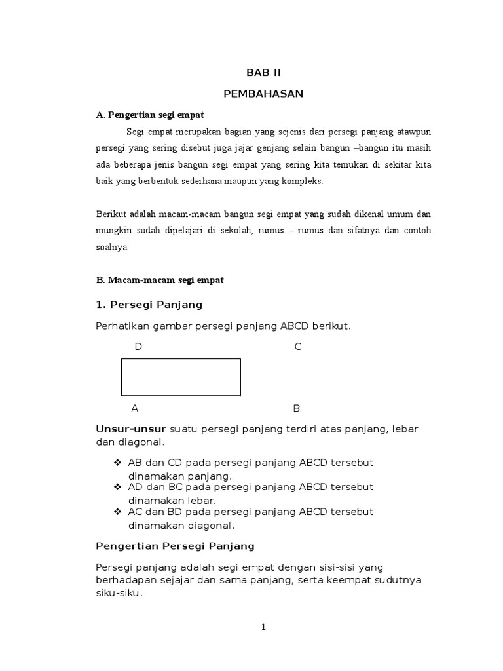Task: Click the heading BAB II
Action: (x=263, y=73)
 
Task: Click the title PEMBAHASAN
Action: (x=263, y=94)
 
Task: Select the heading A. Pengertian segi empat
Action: (x=150, y=115)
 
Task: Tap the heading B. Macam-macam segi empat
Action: (x=160, y=280)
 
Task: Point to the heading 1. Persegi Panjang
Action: (x=149, y=305)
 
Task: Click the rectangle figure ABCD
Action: (x=181, y=377)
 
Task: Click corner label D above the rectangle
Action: (x=138, y=347)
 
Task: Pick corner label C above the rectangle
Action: (x=298, y=347)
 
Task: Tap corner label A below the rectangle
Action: (x=135, y=408)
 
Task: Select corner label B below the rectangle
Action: (x=296, y=408)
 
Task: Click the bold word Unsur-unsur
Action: (x=131, y=429)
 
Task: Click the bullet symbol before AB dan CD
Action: (x=118, y=463)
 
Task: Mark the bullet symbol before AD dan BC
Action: (x=118, y=487)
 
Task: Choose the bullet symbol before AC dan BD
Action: (x=118, y=511)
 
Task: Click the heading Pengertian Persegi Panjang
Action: (x=175, y=545)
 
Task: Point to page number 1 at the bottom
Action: (x=263, y=627)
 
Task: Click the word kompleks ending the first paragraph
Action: (x=303, y=182)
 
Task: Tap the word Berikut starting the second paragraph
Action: (x=111, y=214)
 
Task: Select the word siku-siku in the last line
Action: (x=118, y=594)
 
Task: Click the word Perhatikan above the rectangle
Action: (x=122, y=326)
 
